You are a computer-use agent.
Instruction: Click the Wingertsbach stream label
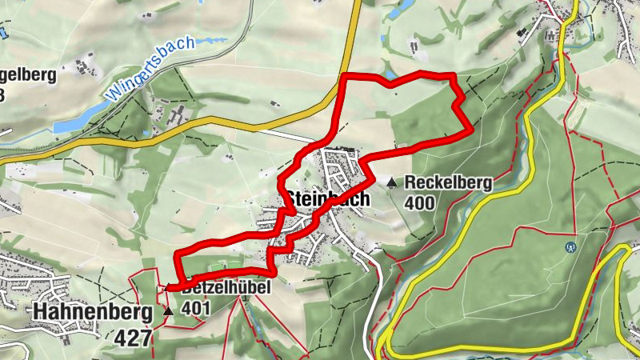(150, 69)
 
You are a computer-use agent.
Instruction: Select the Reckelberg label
(448, 182)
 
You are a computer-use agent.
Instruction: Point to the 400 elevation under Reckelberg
(419, 203)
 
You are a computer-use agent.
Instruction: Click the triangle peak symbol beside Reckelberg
(391, 183)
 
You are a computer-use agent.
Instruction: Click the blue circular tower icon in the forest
(570, 246)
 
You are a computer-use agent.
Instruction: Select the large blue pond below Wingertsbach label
(69, 126)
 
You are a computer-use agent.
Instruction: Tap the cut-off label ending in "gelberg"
(29, 77)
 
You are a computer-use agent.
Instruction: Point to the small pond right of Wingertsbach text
(210, 39)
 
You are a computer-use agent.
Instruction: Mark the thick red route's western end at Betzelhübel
(167, 287)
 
